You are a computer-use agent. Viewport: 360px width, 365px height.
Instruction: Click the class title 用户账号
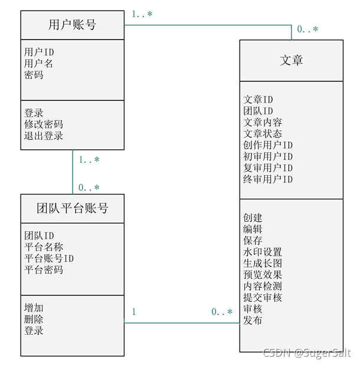pyautogui.click(x=72, y=25)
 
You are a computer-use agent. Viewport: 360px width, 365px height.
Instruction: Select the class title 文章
pyautogui.click(x=292, y=60)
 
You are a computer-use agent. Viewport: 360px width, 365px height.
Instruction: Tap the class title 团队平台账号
pyautogui.click(x=73, y=208)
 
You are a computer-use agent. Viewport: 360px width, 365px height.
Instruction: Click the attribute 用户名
pyautogui.click(x=39, y=64)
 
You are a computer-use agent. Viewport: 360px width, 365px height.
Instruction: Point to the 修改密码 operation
pyautogui.click(x=44, y=124)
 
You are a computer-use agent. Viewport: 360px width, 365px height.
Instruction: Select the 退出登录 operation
pyautogui.click(x=44, y=136)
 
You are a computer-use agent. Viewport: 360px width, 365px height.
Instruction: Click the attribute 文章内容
pyautogui.click(x=263, y=123)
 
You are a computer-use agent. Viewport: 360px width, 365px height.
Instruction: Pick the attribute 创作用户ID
pyautogui.click(x=268, y=145)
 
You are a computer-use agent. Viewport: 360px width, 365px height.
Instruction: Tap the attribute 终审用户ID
pyautogui.click(x=268, y=179)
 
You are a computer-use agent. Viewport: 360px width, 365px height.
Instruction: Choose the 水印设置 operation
pyautogui.click(x=263, y=252)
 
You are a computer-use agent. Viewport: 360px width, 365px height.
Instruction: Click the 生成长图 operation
pyautogui.click(x=263, y=263)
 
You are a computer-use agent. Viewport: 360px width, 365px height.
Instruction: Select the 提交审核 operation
pyautogui.click(x=263, y=297)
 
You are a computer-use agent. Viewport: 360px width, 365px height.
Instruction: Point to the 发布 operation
pyautogui.click(x=253, y=320)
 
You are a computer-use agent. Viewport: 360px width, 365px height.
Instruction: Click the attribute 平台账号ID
pyautogui.click(x=49, y=258)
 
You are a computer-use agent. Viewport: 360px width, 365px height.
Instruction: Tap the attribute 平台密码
pyautogui.click(x=44, y=269)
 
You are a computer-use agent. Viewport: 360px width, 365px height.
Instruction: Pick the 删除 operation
pyautogui.click(x=34, y=319)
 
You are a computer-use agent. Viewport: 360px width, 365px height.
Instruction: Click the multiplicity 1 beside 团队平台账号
pyautogui.click(x=133, y=312)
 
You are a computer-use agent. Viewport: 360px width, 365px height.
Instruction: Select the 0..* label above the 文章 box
pyautogui.click(x=307, y=29)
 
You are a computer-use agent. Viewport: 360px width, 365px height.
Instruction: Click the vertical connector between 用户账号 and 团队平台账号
pyautogui.click(x=73, y=172)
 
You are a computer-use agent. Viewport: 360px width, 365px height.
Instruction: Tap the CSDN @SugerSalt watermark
pyautogui.click(x=306, y=353)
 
